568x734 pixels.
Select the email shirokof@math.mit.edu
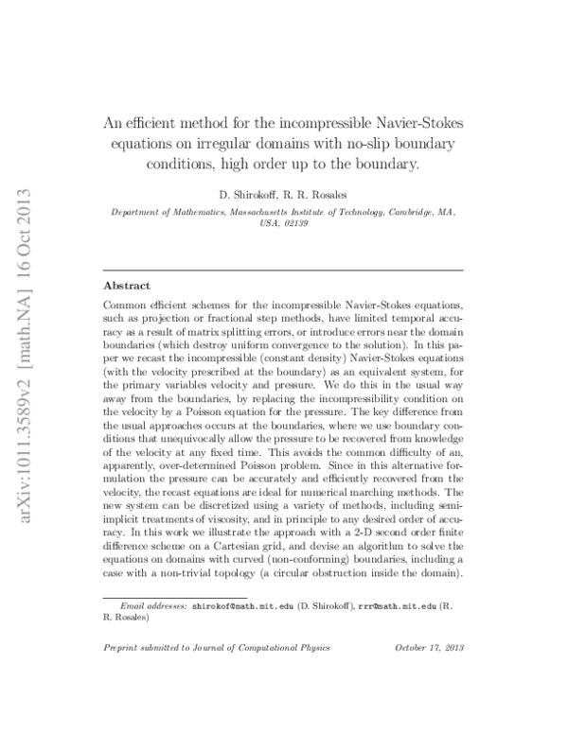tap(242, 603)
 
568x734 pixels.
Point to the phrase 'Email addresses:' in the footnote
tap(152, 603)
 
